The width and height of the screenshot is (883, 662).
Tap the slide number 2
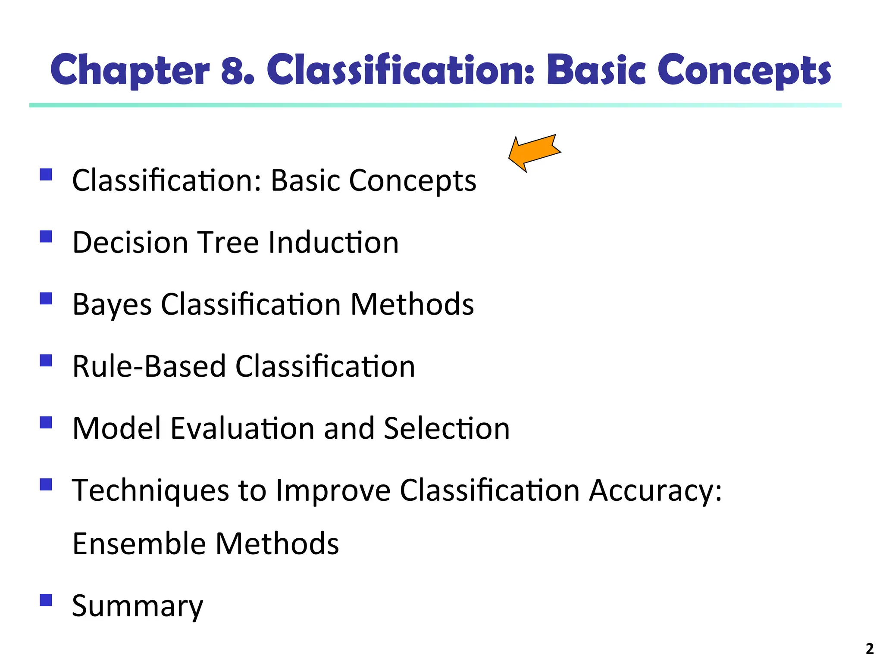[x=870, y=649]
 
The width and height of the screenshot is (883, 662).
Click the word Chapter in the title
[x=130, y=70]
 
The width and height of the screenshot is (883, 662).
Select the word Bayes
[x=112, y=305]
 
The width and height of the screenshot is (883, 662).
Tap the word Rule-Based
[x=149, y=366]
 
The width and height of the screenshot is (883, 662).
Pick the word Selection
[x=447, y=428]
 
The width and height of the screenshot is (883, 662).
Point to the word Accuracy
[x=655, y=491]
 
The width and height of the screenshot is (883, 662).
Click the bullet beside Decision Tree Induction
[x=46, y=237]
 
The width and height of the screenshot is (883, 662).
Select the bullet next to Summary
[x=46, y=600]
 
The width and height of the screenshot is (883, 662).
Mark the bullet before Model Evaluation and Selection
[x=46, y=422]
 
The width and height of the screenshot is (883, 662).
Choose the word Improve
[x=333, y=491]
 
